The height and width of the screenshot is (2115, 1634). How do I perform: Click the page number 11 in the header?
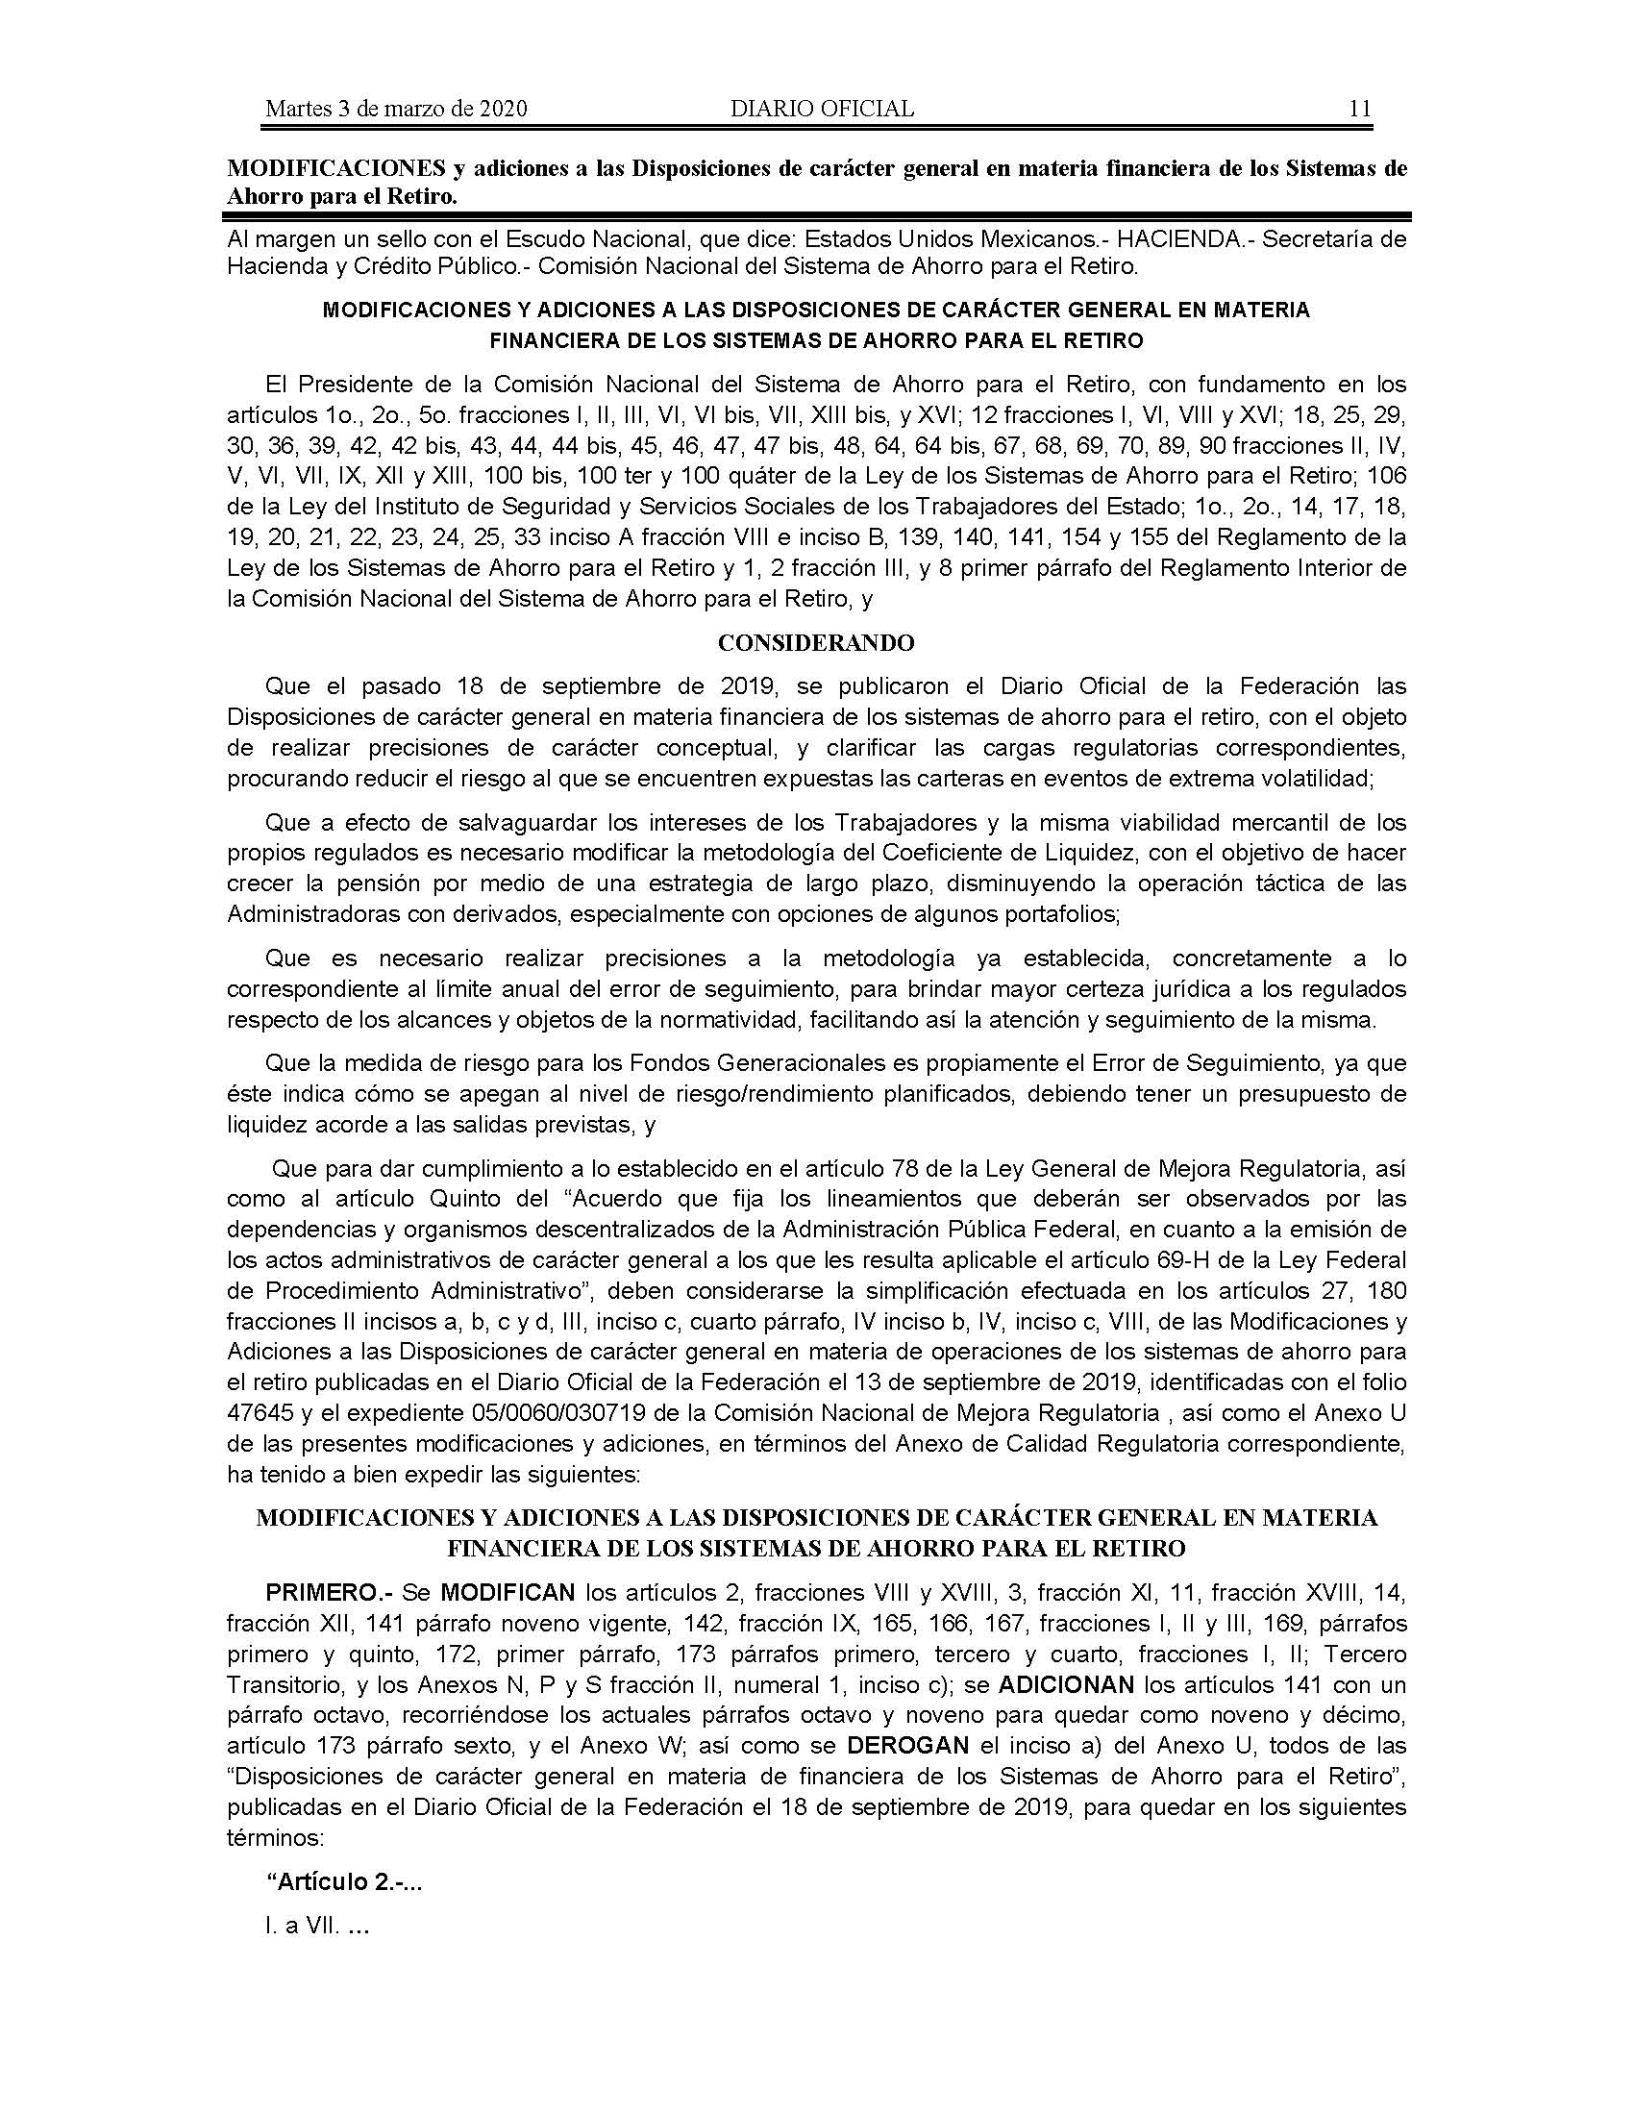[1359, 109]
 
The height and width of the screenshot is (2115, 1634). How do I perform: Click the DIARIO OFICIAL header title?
[822, 109]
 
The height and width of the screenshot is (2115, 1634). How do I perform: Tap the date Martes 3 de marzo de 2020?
[396, 109]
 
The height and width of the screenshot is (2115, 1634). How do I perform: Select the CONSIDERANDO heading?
[816, 643]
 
